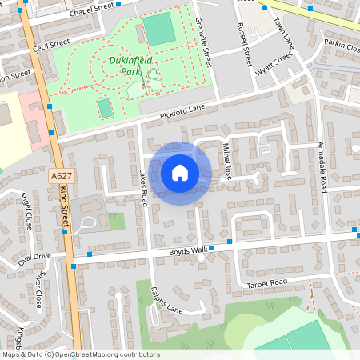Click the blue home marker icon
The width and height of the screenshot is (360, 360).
pos(180,173)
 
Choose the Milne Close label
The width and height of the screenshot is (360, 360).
pos(227,161)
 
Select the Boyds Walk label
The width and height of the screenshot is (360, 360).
pos(188,251)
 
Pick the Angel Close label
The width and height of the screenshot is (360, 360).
pos(26,210)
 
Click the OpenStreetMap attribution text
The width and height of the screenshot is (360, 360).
pos(81,354)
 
